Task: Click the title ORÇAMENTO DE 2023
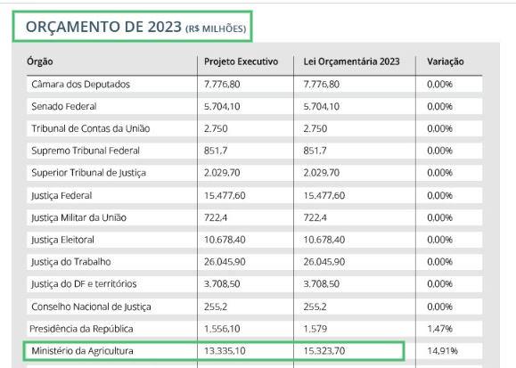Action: point(103,27)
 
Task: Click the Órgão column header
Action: point(40,61)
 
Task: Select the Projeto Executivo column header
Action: point(241,61)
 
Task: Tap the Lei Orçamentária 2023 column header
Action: point(351,61)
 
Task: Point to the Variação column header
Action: point(446,61)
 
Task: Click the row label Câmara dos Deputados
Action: point(80,85)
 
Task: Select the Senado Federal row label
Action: point(64,107)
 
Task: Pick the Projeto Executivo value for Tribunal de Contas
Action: point(216,128)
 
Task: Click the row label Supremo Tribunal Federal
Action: point(86,151)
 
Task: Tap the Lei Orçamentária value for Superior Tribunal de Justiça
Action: point(321,173)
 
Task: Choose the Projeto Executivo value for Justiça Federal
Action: point(225,195)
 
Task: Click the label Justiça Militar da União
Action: point(79,218)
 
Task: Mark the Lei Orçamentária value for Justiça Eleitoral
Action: point(324,240)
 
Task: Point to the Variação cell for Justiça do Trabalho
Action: point(439,262)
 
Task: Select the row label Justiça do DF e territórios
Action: point(84,283)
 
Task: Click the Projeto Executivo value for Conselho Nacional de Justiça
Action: point(215,307)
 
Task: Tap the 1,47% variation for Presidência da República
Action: point(439,329)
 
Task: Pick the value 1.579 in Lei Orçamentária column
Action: point(315,329)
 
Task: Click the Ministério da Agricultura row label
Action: point(82,351)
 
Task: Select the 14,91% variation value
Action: point(442,351)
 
